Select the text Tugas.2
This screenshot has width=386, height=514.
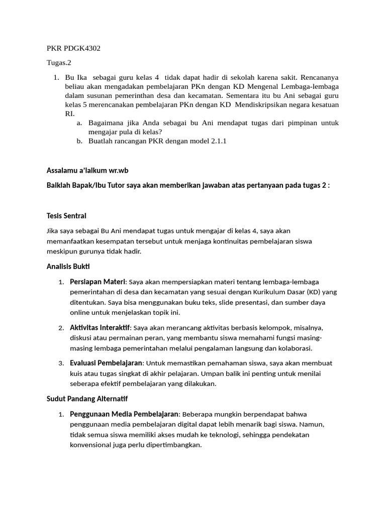(59, 63)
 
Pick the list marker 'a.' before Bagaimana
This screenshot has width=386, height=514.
(79, 122)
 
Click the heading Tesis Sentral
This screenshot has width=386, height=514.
(66, 215)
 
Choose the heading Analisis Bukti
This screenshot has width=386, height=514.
(68, 266)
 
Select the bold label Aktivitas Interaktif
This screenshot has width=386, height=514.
(100, 327)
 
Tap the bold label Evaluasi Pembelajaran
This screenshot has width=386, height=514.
(107, 362)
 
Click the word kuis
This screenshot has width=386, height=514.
(77, 373)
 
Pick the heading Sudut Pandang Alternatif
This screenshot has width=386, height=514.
(87, 399)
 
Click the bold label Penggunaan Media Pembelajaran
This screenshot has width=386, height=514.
(124, 414)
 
